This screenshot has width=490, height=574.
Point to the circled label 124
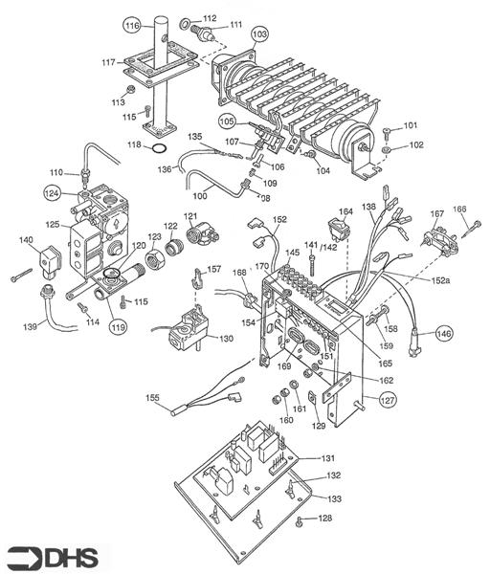pyautogui.click(x=53, y=192)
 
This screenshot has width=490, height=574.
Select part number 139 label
pyautogui.click(x=29, y=326)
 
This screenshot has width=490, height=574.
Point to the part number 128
pyautogui.click(x=325, y=518)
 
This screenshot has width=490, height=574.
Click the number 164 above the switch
pyautogui.click(x=345, y=211)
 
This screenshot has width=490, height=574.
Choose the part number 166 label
pyautogui.click(x=459, y=209)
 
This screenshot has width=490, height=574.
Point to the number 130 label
pyautogui.click(x=226, y=339)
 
